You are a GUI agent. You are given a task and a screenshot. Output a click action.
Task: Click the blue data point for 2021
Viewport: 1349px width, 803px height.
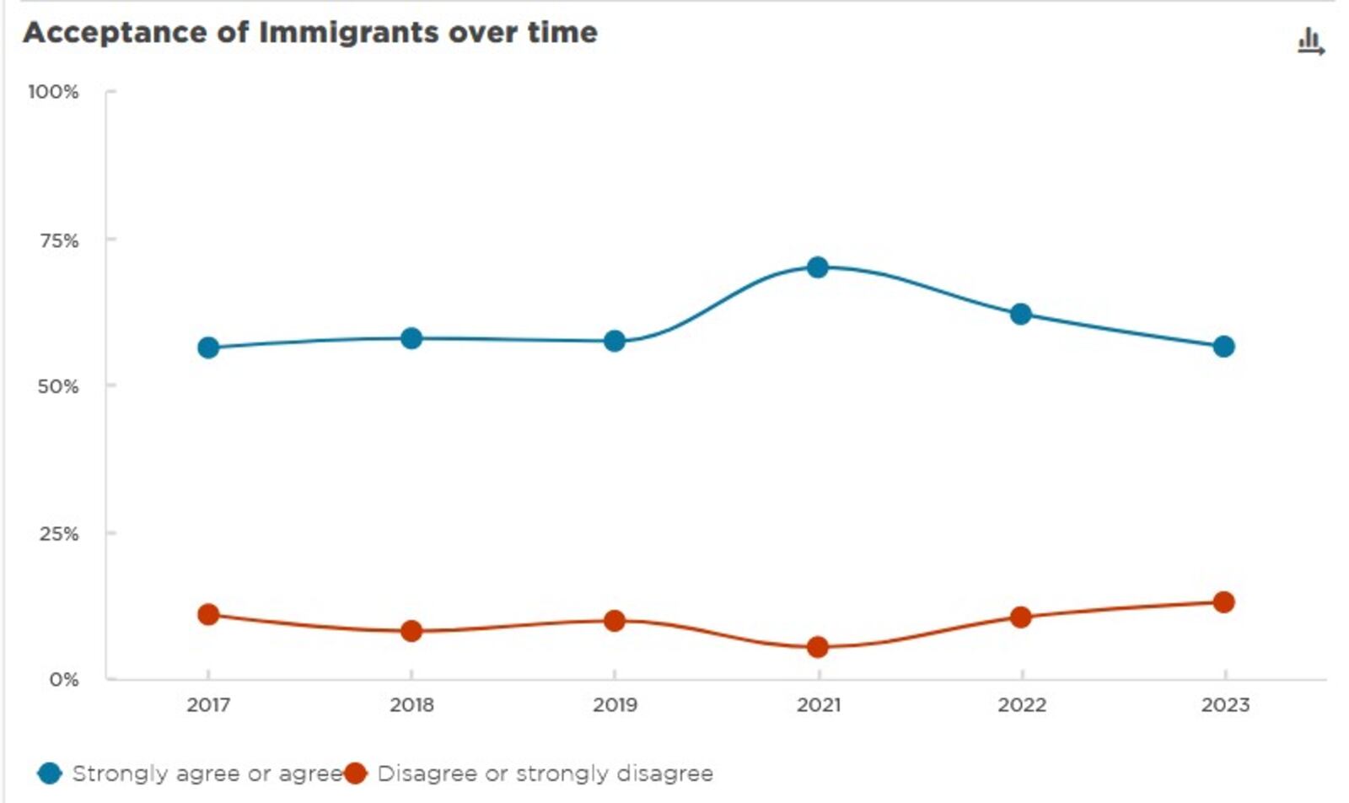point(817,267)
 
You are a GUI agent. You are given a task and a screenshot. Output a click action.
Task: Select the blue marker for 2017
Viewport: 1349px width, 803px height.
point(208,348)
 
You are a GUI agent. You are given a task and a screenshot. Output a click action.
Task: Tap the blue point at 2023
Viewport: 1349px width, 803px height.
point(1223,347)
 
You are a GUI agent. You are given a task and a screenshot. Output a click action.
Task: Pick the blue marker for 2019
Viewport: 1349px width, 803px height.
point(615,341)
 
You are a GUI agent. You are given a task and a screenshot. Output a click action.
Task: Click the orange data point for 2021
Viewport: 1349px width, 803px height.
point(817,647)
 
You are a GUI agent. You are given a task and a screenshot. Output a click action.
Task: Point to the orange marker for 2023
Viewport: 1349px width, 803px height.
point(1223,601)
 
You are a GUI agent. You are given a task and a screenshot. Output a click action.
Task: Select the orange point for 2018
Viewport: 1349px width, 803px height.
point(411,630)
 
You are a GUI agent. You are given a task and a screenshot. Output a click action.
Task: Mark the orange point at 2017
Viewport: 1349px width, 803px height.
point(208,614)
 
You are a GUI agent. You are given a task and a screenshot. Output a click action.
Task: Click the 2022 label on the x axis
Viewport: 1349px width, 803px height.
point(1021,704)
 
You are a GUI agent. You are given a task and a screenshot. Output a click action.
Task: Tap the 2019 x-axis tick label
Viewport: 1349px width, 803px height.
point(615,704)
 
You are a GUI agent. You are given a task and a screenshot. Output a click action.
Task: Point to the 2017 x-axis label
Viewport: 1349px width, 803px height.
point(208,704)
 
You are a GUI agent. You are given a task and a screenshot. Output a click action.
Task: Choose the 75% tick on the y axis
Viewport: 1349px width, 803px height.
point(58,240)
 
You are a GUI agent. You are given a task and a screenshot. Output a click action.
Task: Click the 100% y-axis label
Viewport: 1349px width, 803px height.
point(53,91)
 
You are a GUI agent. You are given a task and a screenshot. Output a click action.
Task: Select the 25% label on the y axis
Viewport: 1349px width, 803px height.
point(58,533)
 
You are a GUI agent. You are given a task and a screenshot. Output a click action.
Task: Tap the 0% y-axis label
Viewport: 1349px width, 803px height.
point(63,679)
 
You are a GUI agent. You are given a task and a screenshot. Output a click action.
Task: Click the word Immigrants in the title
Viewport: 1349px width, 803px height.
point(349,32)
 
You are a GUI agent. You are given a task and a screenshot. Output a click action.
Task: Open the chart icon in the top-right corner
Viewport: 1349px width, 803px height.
point(1310,41)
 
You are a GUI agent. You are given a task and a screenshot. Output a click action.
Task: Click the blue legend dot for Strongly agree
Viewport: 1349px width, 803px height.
point(50,773)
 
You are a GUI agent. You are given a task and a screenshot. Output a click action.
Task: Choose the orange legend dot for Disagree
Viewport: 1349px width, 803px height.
point(356,773)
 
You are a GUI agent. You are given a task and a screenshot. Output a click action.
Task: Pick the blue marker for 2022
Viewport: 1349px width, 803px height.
point(1020,314)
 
